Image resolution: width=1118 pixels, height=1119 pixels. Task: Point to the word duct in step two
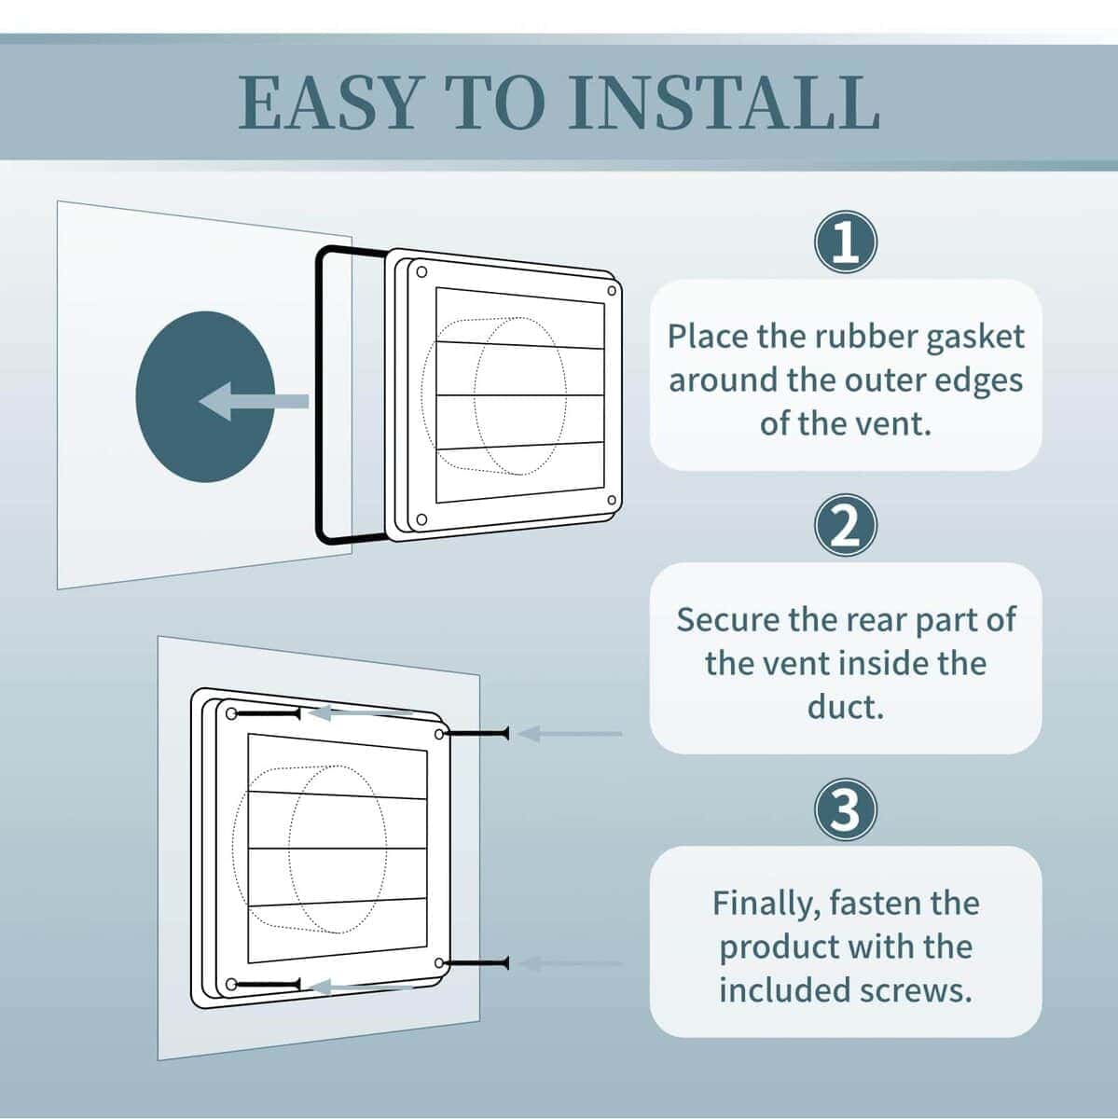[845, 706]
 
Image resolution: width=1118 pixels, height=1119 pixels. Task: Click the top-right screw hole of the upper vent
[612, 290]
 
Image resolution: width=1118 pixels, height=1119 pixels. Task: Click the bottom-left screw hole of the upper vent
[421, 518]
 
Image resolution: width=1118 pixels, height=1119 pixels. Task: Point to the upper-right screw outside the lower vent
[477, 735]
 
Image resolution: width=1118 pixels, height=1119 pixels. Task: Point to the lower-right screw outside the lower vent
[477, 962]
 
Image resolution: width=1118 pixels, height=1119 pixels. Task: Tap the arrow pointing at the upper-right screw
[569, 734]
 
